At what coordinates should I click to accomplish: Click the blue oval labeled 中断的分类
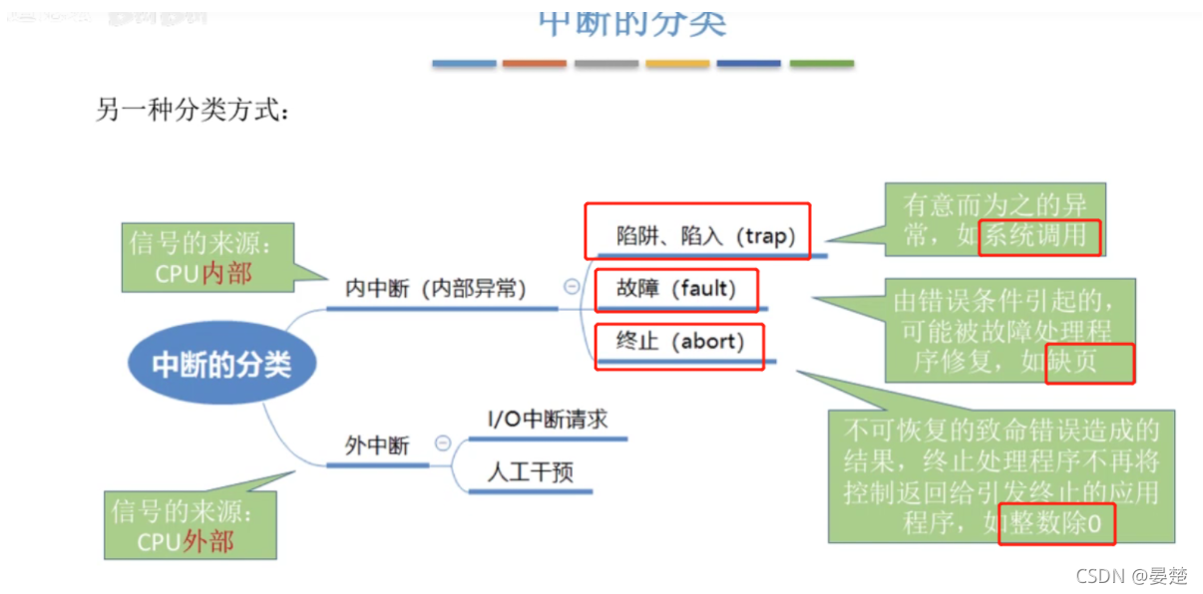(x=221, y=365)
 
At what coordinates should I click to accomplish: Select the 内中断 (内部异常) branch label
(x=435, y=289)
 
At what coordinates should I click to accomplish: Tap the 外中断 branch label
(x=377, y=445)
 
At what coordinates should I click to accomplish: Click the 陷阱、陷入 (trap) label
(x=705, y=236)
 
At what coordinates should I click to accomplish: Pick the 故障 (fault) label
(x=676, y=289)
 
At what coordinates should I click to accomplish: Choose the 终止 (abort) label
(x=680, y=342)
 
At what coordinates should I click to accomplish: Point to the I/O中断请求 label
(x=548, y=419)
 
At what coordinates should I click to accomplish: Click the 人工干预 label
(x=530, y=471)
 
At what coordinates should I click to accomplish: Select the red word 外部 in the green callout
(x=208, y=541)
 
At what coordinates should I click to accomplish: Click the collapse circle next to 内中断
(x=572, y=287)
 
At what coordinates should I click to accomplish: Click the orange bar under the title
(x=535, y=64)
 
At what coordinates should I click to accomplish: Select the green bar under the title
(x=821, y=64)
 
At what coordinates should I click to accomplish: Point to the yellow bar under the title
(x=677, y=64)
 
